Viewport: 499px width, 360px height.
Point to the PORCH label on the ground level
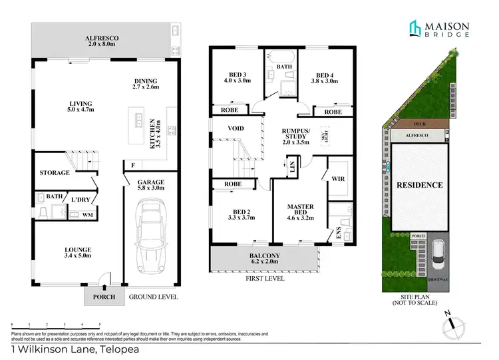pos(104,297)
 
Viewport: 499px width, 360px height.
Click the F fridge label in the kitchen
pos(133,164)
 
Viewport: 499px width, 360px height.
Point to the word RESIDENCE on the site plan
pos(420,184)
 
